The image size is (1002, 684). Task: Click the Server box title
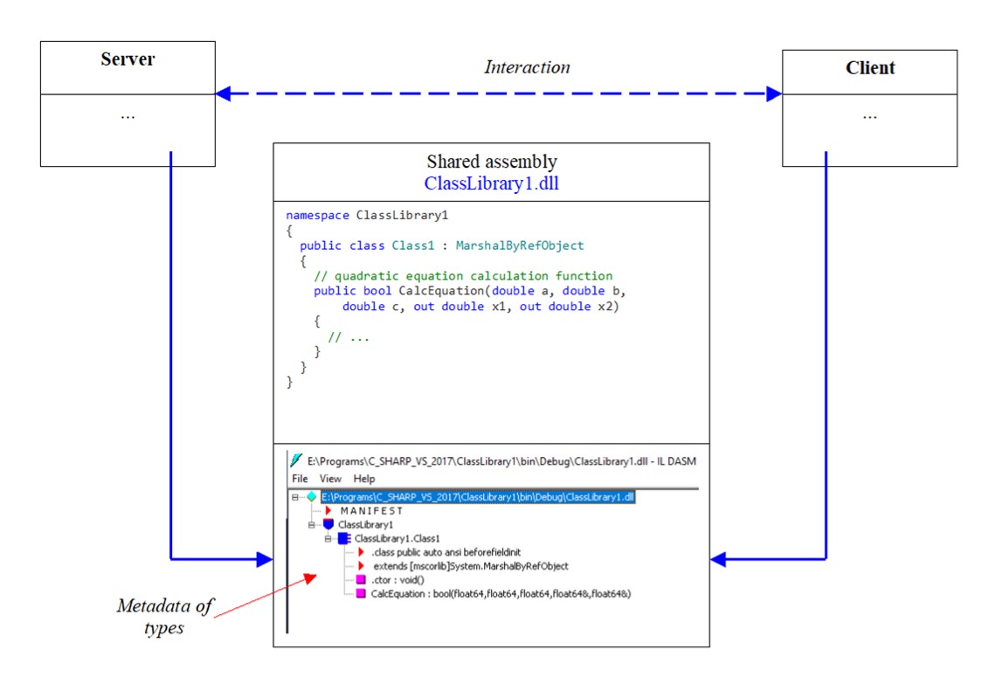point(128,59)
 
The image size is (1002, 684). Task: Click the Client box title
point(870,68)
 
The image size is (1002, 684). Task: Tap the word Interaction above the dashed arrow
point(527,67)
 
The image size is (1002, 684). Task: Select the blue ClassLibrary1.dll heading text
point(492,183)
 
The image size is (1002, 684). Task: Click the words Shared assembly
point(492,161)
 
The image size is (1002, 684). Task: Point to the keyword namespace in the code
point(318,216)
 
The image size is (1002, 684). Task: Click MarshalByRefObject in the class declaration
point(520,245)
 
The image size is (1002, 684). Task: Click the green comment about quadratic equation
point(463,275)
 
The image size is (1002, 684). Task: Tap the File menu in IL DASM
point(300,479)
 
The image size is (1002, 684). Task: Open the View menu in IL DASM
point(330,479)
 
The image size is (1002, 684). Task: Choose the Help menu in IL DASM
point(364,479)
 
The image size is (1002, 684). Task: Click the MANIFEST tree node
point(372,511)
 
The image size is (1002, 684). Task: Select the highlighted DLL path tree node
point(477,497)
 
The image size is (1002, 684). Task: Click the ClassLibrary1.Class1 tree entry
point(397,538)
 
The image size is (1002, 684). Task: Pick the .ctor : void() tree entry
point(397,580)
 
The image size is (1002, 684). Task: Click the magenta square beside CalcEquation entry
point(361,594)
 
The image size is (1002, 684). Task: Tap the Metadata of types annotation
point(165,616)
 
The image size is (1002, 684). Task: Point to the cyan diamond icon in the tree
point(312,497)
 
